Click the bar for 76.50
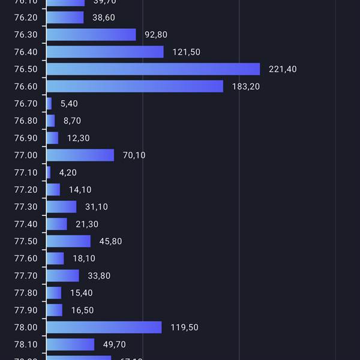point(153,69)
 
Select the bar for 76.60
point(135,86)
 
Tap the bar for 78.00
point(104,327)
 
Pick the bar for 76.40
point(105,52)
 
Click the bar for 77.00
point(80,155)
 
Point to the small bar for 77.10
point(49,173)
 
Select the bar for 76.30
point(91,35)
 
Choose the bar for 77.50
point(68,241)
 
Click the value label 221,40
point(283,70)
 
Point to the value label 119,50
point(184,328)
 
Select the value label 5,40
point(69,104)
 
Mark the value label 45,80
point(110,242)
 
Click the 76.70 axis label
point(25,104)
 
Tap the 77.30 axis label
point(25,207)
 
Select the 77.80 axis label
point(25,293)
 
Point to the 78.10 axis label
point(25,345)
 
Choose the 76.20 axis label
point(25,18)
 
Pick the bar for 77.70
point(63,275)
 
